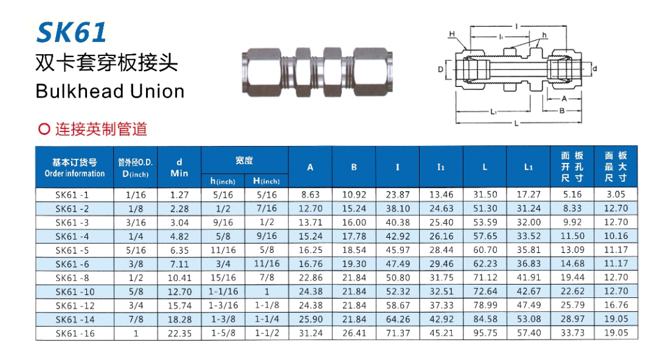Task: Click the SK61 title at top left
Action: click(71, 32)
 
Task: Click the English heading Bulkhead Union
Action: click(110, 91)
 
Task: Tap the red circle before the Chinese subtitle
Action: click(44, 129)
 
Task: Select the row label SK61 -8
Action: click(72, 278)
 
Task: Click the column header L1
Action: click(528, 167)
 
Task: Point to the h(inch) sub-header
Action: click(223, 181)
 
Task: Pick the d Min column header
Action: click(179, 168)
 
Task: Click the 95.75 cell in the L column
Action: click(485, 333)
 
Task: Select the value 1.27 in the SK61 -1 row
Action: click(179, 195)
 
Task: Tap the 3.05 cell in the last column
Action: click(615, 195)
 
